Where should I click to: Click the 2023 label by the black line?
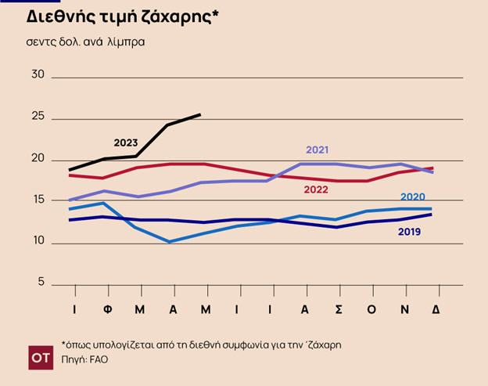(x=125, y=143)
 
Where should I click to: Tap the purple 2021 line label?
(x=318, y=150)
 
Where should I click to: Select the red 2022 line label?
(x=315, y=189)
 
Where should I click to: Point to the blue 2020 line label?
(x=412, y=197)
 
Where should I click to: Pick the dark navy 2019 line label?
(x=410, y=232)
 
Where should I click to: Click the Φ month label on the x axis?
(x=106, y=309)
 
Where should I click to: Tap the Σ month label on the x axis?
(x=338, y=309)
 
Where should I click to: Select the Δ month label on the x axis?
(x=436, y=309)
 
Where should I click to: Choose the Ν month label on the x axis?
(x=404, y=309)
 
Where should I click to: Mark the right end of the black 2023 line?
(x=200, y=114)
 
